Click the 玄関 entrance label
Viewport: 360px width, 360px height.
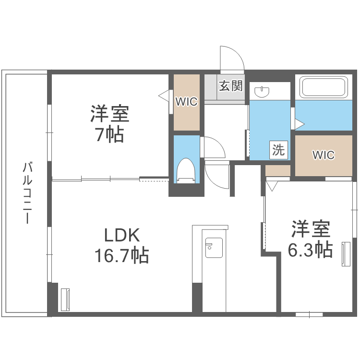tap(230, 85)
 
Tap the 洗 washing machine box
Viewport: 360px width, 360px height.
tap(278, 150)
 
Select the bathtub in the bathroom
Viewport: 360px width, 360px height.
tap(324, 87)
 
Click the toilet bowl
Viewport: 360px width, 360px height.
tap(186, 170)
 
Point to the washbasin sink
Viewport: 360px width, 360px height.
tap(262, 92)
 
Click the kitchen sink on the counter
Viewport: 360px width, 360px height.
tap(214, 248)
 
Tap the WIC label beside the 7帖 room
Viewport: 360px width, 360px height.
tap(186, 101)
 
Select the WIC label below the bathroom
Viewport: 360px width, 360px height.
tap(324, 155)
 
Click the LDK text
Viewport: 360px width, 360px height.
tap(122, 235)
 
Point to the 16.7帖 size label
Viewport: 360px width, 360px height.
tap(122, 255)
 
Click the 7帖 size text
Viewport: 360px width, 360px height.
tap(110, 134)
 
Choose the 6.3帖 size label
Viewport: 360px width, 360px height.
tap(311, 250)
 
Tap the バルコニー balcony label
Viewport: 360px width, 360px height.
tap(27, 192)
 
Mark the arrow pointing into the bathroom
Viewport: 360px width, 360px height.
tap(300, 124)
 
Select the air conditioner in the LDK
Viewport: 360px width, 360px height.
tap(65, 300)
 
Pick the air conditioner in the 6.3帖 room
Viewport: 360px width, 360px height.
tap(346, 254)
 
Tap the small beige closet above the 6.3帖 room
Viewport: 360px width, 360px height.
tap(278, 170)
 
